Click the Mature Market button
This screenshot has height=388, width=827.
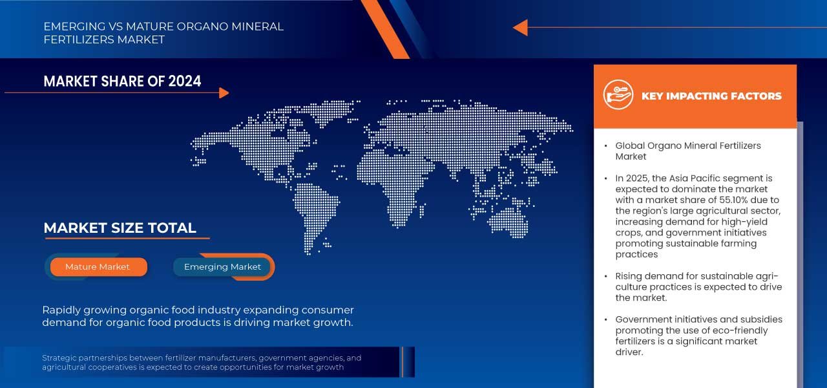point(98,267)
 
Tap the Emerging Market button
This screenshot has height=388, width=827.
point(222,267)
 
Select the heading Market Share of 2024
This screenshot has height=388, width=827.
point(122,81)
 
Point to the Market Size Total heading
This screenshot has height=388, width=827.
point(120,228)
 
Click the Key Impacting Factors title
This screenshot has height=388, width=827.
point(711,96)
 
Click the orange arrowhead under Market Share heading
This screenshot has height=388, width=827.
point(224,93)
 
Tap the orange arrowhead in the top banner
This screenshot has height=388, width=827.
point(520,28)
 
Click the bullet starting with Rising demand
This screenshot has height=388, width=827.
point(698,286)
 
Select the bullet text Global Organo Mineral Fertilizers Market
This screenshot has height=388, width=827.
point(687,151)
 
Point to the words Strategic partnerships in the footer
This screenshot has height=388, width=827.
point(85,358)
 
